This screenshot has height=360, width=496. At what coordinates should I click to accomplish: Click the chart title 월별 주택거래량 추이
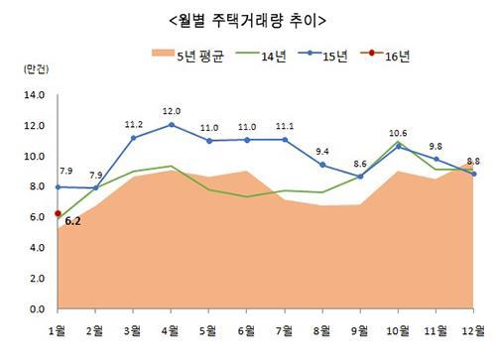(247, 21)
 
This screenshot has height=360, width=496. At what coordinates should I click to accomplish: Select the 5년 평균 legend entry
(187, 56)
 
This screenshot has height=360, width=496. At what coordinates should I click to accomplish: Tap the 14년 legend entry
(261, 56)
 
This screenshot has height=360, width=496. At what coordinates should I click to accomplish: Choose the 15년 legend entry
(322, 56)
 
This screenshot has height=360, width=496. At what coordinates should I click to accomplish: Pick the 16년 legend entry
(385, 56)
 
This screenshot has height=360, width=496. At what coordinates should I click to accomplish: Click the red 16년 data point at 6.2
(58, 213)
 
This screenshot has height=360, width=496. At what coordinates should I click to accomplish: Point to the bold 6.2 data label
(72, 221)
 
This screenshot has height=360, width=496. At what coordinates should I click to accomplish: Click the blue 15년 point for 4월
(172, 125)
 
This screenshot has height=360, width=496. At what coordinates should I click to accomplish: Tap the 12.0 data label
(172, 111)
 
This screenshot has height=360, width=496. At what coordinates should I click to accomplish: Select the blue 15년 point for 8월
(322, 165)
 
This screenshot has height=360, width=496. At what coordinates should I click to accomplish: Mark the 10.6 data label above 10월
(398, 133)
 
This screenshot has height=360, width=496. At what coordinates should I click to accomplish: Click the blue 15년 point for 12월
(473, 174)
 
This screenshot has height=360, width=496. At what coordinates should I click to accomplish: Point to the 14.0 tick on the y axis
(35, 95)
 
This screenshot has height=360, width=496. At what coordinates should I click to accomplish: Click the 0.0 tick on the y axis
(37, 309)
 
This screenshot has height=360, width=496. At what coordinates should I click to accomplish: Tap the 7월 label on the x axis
(285, 330)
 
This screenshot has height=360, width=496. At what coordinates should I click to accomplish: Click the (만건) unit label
(36, 68)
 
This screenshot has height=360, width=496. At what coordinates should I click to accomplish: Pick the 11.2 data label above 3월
(134, 125)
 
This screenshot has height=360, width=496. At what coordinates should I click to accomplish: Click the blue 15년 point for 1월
(58, 187)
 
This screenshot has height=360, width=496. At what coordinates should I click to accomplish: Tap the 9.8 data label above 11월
(435, 146)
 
